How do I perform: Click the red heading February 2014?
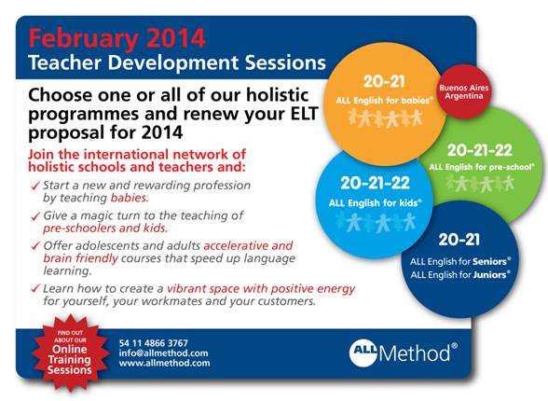tap(116, 38)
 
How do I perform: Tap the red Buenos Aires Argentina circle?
tap(464, 92)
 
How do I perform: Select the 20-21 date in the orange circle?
tap(384, 82)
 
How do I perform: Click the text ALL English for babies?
tap(384, 101)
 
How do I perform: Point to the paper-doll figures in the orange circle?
tap(385, 118)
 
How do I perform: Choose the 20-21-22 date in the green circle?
tap(479, 150)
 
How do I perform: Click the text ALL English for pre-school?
tap(482, 167)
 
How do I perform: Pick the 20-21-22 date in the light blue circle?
tap(375, 183)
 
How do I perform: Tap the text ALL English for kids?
tap(375, 202)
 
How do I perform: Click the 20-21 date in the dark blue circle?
tap(459, 240)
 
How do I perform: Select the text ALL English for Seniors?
tap(460, 261)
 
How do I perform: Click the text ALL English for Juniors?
tap(460, 275)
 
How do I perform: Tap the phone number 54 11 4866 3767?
tap(154, 343)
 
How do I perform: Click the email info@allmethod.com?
tap(164, 353)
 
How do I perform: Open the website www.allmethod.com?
tap(165, 363)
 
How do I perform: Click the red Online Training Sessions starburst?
tap(70, 353)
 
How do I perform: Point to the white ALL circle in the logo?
tap(363, 353)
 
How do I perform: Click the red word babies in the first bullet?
tap(128, 198)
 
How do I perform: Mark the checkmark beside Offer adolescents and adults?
tap(35, 246)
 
